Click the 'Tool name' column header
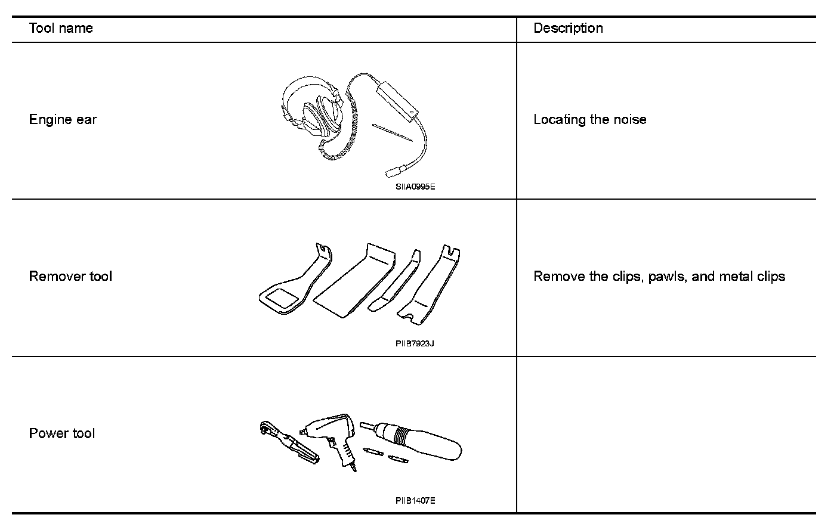click(x=61, y=28)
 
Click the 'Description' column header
click(x=567, y=28)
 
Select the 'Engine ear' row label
click(x=63, y=119)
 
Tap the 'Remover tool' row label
click(x=70, y=276)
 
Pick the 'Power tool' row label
click(x=62, y=433)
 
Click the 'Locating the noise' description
click(x=589, y=119)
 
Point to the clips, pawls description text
click(x=659, y=276)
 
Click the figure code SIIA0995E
click(x=415, y=187)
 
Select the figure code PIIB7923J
click(x=414, y=343)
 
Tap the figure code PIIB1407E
click(x=415, y=500)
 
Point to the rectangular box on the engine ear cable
click(x=397, y=97)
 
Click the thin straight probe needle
click(x=392, y=133)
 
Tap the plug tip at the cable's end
click(x=394, y=172)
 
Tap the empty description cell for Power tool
click(x=666, y=434)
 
